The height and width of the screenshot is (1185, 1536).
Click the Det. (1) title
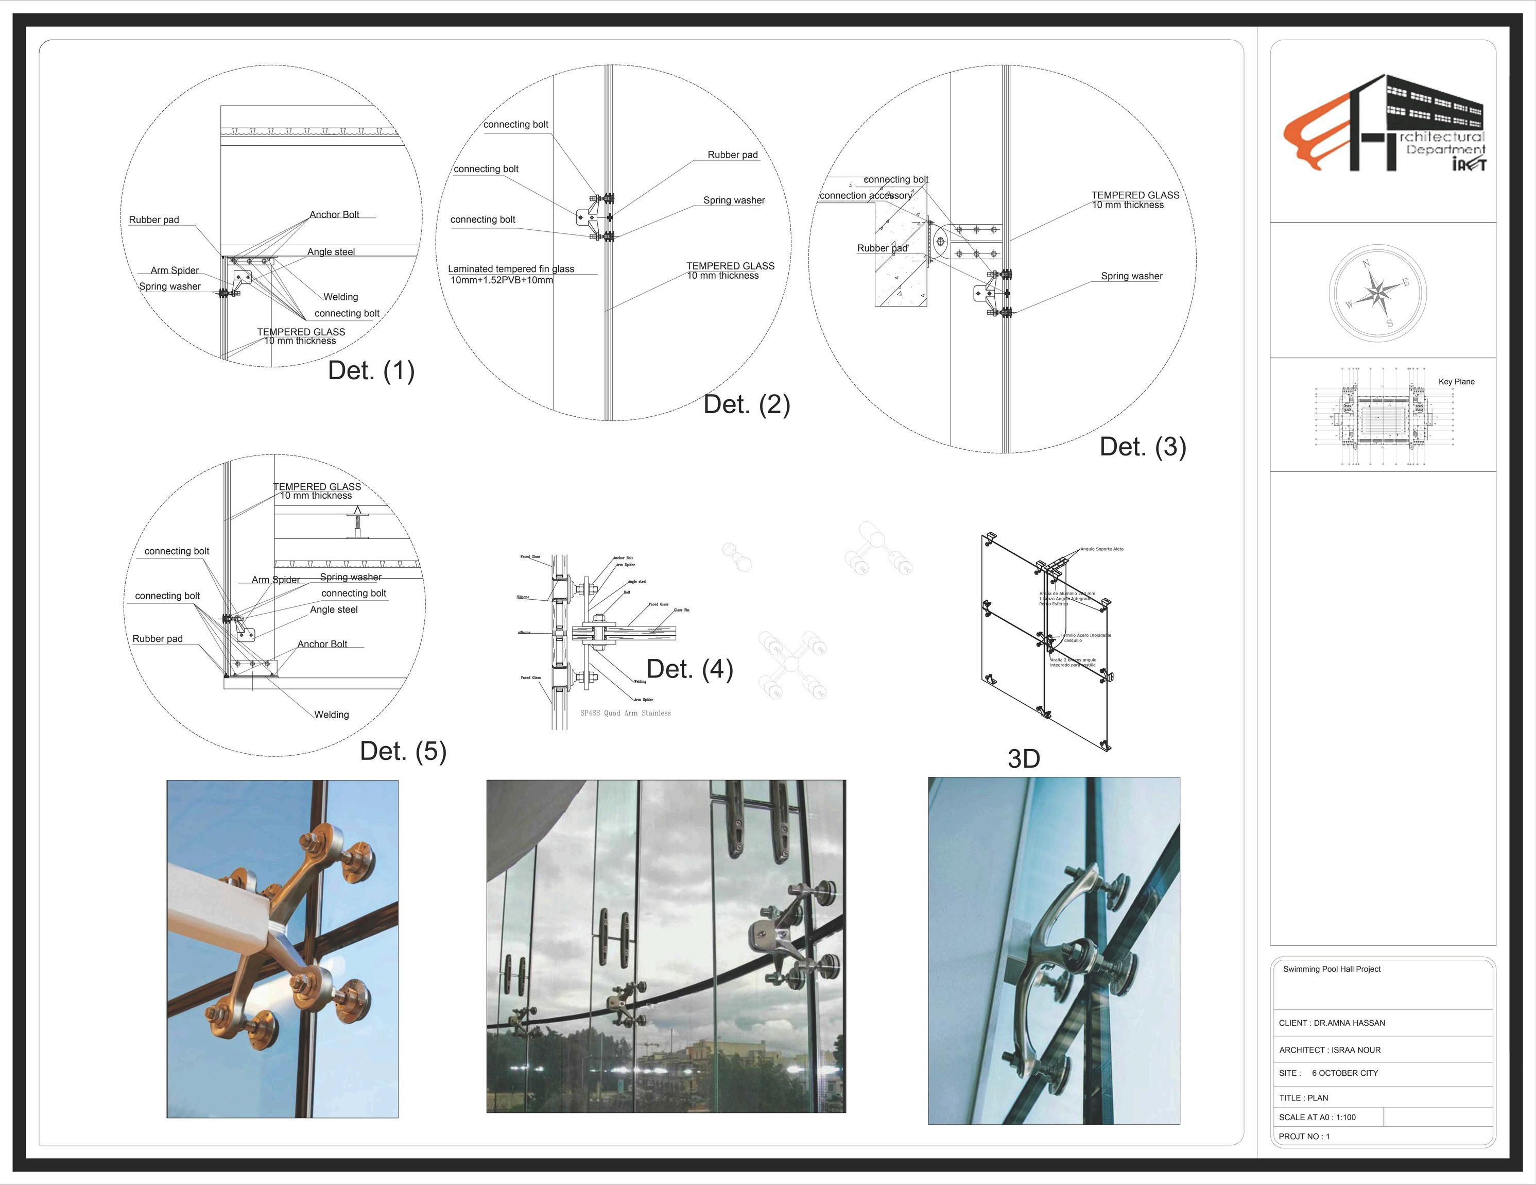(x=371, y=371)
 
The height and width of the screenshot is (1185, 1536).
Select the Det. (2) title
(x=747, y=404)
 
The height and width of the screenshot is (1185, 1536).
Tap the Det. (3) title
(x=1143, y=447)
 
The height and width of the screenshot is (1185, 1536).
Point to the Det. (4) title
(x=689, y=669)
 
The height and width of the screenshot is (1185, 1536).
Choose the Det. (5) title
(x=403, y=752)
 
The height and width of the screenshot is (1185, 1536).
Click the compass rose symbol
(x=1378, y=294)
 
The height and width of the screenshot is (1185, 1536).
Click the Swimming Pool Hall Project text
(x=1332, y=969)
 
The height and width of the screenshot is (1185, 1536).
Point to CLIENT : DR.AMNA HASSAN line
(x=1332, y=1023)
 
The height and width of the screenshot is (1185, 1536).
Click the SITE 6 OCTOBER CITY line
(x=1328, y=1073)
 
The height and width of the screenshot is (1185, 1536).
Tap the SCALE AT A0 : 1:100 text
(x=1317, y=1118)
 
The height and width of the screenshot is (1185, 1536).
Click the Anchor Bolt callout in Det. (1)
(x=334, y=215)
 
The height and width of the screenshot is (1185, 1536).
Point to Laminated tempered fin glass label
(x=511, y=269)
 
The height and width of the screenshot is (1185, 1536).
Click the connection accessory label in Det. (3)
(x=866, y=196)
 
